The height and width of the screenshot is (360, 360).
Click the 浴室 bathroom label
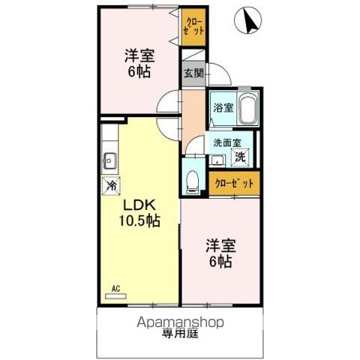(222, 107)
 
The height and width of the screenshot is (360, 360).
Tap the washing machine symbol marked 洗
(239, 157)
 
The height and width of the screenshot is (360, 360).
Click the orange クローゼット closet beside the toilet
(234, 182)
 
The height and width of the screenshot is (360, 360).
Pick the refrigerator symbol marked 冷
(112, 184)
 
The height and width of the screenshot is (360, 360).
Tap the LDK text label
(139, 205)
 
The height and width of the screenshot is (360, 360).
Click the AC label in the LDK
(115, 287)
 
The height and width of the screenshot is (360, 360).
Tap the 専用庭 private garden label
(180, 335)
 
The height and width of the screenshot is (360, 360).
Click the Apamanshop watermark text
(180, 322)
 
